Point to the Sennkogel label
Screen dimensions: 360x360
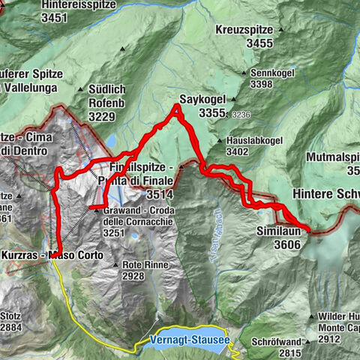(272, 73)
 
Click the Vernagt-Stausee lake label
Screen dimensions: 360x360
(190, 340)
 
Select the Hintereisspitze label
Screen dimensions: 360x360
(31, 5)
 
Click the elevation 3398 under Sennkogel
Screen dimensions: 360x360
(272, 84)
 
